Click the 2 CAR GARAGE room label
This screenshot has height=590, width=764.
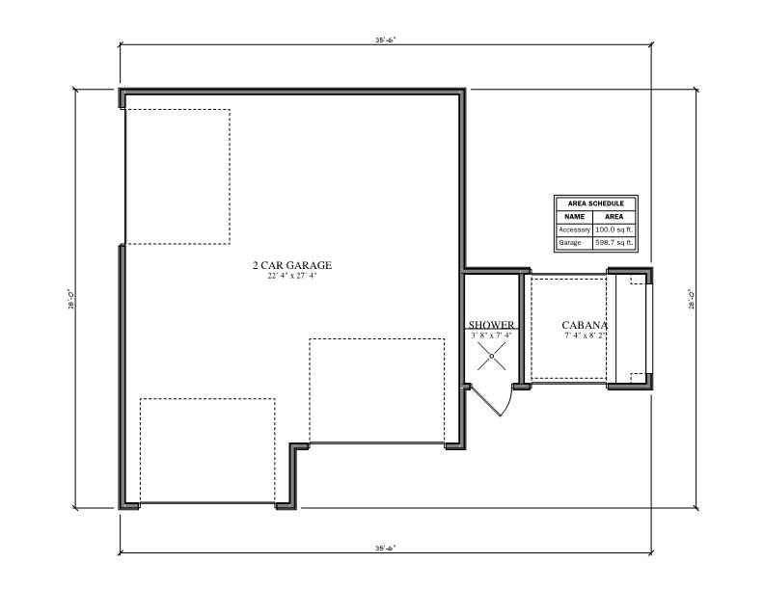coord(292,265)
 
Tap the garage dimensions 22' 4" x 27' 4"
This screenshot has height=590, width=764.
coord(292,276)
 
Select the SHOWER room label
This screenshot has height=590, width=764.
coord(491,325)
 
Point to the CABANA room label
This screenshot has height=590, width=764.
coord(585,325)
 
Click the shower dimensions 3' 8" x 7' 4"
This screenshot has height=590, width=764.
coord(491,335)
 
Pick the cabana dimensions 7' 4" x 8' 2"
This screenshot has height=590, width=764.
coord(585,335)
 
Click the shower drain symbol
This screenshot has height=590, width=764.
coord(491,357)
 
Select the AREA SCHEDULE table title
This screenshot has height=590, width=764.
coord(596,203)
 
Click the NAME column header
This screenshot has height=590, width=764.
coord(575,217)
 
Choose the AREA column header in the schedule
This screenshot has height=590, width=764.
coord(614,217)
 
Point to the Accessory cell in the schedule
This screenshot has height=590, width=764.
coord(575,229)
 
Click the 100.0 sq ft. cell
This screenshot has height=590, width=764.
coord(614,229)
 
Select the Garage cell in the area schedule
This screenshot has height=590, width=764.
coord(569,242)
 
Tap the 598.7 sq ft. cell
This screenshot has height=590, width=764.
coord(614,242)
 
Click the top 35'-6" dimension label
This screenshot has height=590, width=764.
coord(386,40)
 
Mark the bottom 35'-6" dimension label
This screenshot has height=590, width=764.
coord(386,548)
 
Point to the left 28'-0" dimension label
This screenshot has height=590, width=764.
coord(70,300)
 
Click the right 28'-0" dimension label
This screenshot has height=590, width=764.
coord(691,300)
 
